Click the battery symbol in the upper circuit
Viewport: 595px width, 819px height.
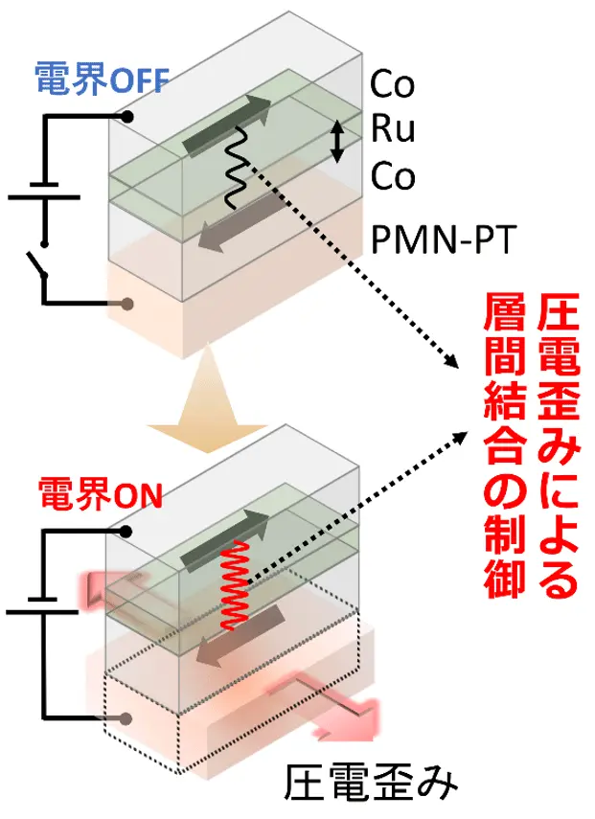tap(44, 191)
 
